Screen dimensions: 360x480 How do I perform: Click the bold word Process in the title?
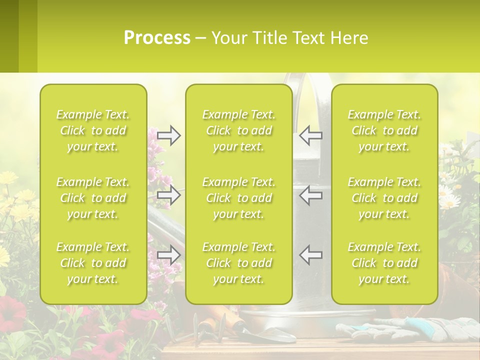(x=157, y=37)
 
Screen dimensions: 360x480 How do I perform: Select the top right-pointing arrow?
(x=168, y=135)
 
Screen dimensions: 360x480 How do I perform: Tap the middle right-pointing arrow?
(x=168, y=195)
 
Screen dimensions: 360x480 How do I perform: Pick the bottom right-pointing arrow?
(x=168, y=255)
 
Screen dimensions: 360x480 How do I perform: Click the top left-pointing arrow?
(x=310, y=135)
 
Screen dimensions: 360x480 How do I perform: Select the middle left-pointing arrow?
(x=310, y=195)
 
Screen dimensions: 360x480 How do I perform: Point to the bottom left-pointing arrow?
(x=310, y=255)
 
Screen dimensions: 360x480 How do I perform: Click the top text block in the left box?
(x=93, y=130)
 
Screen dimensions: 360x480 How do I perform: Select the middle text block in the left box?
(x=93, y=198)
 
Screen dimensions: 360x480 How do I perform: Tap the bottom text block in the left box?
(x=93, y=263)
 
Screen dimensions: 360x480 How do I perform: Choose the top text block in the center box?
(x=239, y=130)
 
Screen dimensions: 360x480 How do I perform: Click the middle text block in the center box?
(x=239, y=198)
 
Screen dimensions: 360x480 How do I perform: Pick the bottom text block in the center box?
(x=239, y=263)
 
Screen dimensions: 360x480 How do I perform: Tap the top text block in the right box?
(x=384, y=130)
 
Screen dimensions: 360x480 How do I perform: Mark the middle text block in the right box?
(x=384, y=198)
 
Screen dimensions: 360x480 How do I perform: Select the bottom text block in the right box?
(x=384, y=263)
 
